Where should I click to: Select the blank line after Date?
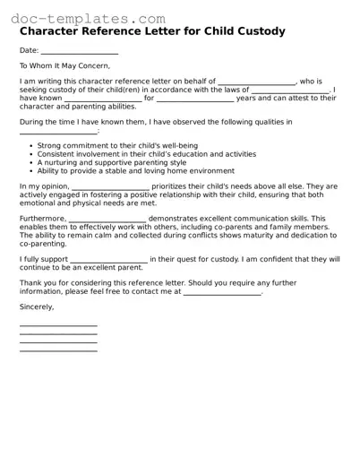(72, 52)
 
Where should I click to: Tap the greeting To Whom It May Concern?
(64, 66)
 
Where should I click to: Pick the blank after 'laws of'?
(290, 91)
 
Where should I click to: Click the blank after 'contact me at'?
(222, 292)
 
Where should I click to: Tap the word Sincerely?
(37, 307)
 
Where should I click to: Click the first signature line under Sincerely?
(58, 325)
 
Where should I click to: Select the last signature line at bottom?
(58, 349)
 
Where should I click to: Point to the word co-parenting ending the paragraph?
(44, 244)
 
